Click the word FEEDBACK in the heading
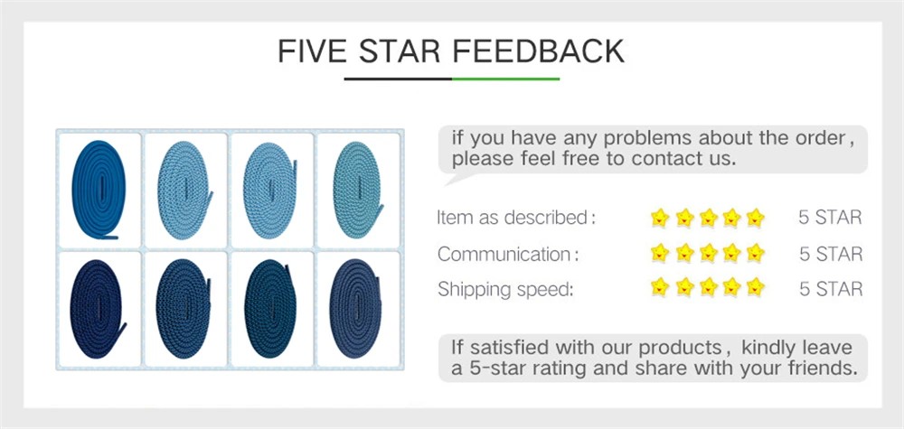(x=538, y=51)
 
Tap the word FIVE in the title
(x=311, y=51)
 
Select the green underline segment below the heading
(x=505, y=79)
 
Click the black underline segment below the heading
(x=398, y=79)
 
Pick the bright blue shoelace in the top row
(x=99, y=190)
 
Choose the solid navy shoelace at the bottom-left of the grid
(x=98, y=309)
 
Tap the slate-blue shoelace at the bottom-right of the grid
(x=355, y=309)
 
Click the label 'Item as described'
(x=515, y=219)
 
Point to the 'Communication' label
(x=507, y=254)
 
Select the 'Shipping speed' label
(x=505, y=290)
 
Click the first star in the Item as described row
(x=660, y=218)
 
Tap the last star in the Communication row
(x=755, y=253)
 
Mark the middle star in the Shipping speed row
(x=708, y=287)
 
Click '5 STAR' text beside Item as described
(x=830, y=218)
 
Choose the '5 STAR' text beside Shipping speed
(x=831, y=289)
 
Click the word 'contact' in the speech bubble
(x=665, y=159)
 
